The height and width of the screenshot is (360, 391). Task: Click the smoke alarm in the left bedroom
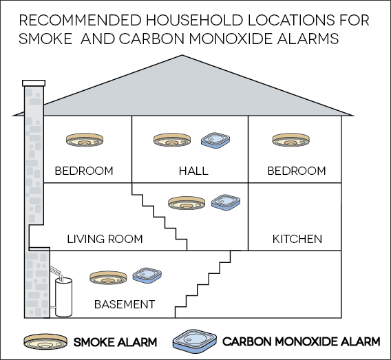85,140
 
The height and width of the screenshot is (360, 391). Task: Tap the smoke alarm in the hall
172,140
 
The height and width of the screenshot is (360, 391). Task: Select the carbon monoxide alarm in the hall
215,140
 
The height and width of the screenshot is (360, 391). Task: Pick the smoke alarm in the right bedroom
291,140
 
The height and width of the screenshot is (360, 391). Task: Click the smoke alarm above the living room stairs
187,203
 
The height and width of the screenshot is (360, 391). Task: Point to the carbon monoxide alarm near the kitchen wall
226,202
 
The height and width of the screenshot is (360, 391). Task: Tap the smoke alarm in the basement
108,277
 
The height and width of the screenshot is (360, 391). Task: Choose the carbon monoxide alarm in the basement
147,275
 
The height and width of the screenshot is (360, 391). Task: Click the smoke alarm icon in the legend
45,341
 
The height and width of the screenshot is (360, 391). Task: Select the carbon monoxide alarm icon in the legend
195,339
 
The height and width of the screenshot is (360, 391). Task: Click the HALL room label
193,171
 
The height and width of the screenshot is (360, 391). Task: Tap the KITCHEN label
297,239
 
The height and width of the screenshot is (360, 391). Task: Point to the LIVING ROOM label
105,239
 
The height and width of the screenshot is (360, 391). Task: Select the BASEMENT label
125,304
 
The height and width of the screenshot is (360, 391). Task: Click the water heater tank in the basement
64,297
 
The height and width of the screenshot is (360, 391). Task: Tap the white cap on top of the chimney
34,83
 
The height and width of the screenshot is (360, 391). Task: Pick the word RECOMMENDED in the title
81,20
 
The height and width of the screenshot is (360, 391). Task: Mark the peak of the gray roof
182,55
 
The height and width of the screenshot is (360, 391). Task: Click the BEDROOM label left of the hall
84,171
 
